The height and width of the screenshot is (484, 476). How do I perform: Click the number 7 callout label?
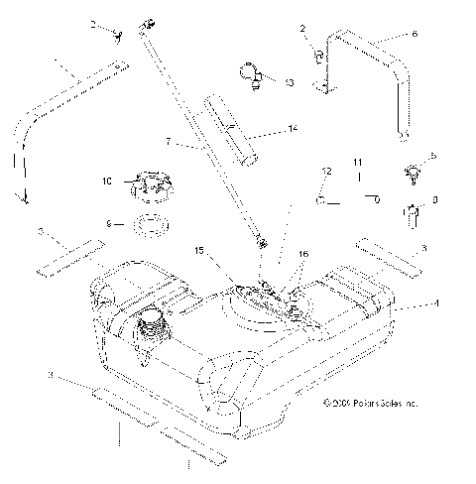click(170, 144)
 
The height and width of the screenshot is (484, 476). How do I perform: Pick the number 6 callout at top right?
click(415, 33)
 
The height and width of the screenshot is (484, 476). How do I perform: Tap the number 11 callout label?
click(358, 162)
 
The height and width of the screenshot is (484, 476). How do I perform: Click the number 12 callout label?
click(324, 173)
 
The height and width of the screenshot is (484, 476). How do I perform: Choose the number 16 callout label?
click(304, 255)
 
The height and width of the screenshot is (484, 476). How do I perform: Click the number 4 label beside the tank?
click(433, 303)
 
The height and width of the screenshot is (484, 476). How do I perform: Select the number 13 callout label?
click(288, 84)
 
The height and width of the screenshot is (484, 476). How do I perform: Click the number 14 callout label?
click(293, 129)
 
